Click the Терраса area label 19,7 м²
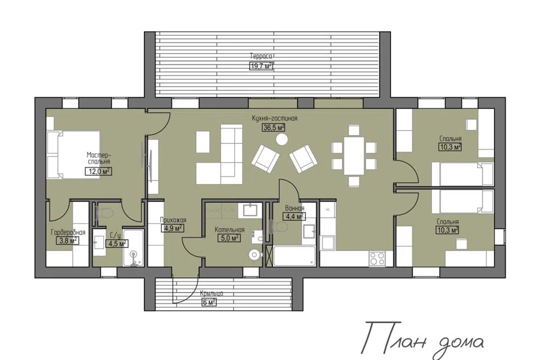pyautogui.click(x=260, y=66)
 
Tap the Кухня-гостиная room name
pyautogui.click(x=274, y=119)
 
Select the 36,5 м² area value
pyautogui.click(x=274, y=128)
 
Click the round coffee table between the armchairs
pyautogui.click(x=282, y=139)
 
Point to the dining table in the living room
pyautogui.click(x=354, y=156)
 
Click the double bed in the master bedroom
pyautogui.click(x=73, y=154)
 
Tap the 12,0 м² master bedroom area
pyautogui.click(x=98, y=171)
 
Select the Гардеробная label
pyautogui.click(x=68, y=232)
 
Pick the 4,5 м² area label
pyautogui.click(x=117, y=244)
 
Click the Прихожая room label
pyautogui.click(x=173, y=220)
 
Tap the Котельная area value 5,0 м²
pyautogui.click(x=229, y=238)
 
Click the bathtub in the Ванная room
pyautogui.click(x=294, y=256)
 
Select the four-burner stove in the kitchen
pyautogui.click(x=377, y=259)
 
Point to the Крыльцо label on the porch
pyautogui.click(x=211, y=294)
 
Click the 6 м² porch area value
pyautogui.click(x=209, y=303)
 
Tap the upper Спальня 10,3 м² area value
pyautogui.click(x=450, y=147)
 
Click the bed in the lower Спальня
pyautogui.click(x=463, y=201)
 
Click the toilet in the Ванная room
pyautogui.click(x=280, y=227)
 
